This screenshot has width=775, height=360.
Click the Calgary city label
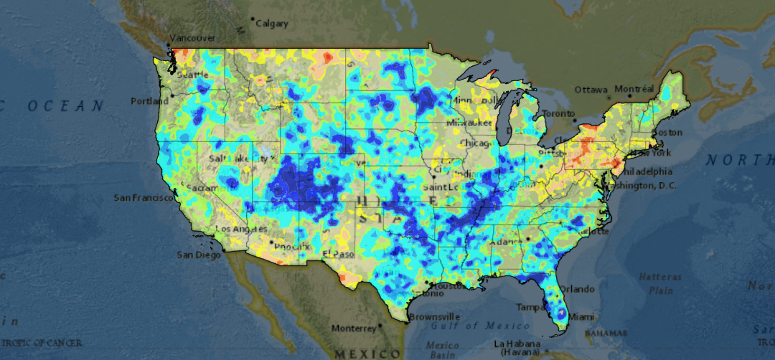(272, 24)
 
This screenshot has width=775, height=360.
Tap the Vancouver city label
(192, 38)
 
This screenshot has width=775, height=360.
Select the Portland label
(149, 101)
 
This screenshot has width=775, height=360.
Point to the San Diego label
(195, 255)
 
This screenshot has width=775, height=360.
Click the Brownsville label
(435, 316)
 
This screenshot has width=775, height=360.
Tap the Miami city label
(582, 317)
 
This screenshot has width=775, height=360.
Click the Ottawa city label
(591, 90)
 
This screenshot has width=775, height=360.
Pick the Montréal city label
(634, 89)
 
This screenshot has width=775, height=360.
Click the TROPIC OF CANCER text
(41, 343)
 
